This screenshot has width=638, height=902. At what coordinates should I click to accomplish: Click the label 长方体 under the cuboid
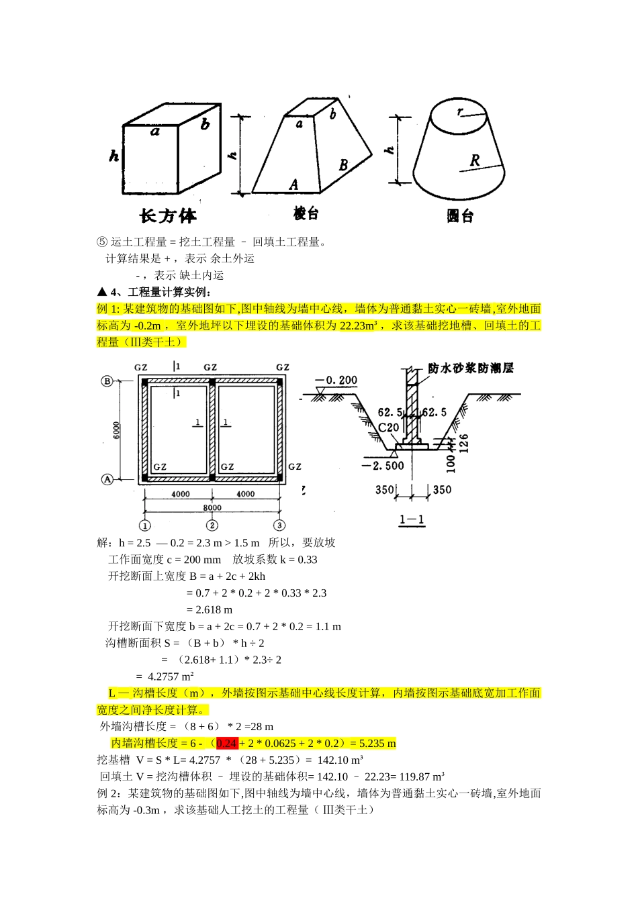(168, 216)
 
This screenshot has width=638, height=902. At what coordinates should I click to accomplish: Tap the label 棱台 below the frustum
(306, 213)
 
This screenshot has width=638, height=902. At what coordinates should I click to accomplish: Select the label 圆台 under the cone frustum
(460, 216)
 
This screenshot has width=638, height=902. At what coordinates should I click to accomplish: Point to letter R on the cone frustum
(475, 160)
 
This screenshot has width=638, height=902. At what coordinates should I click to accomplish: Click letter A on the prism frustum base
(293, 184)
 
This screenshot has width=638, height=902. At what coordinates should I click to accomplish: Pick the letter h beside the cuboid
(115, 156)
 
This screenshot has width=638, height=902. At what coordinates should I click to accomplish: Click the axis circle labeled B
(107, 381)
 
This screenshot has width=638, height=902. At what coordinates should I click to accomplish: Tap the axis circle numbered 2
(212, 525)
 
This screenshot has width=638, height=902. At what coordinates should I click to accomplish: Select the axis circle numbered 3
(279, 525)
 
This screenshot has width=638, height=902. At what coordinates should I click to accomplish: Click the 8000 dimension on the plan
(212, 508)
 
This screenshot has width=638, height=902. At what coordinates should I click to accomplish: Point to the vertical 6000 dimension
(116, 430)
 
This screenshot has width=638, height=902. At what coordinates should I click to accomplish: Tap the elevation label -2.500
(382, 465)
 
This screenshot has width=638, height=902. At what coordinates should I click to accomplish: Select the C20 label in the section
(388, 427)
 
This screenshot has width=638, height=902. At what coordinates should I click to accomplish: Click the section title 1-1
(411, 519)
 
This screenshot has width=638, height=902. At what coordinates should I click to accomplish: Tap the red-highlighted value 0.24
(227, 744)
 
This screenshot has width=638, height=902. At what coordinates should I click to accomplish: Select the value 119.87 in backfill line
(416, 777)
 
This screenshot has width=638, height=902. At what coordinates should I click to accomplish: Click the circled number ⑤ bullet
(101, 242)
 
